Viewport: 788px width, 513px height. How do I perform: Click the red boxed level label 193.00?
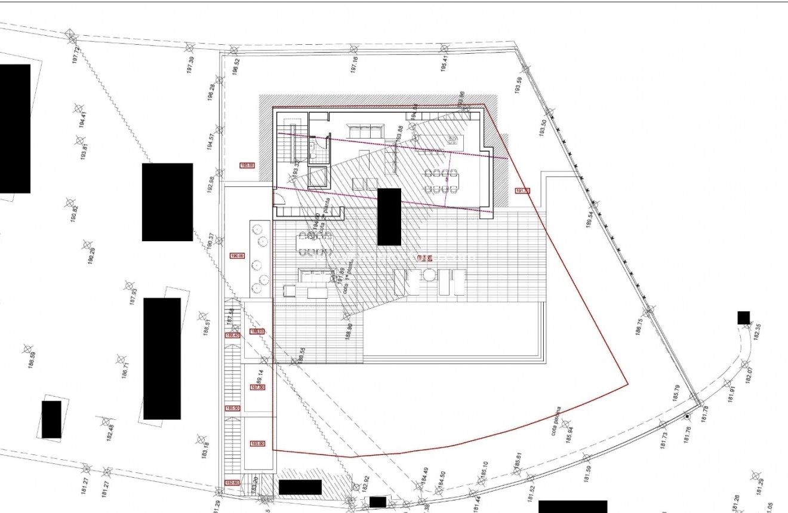247,165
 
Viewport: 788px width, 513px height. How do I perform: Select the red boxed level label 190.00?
237,256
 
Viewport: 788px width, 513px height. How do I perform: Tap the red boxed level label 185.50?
232,408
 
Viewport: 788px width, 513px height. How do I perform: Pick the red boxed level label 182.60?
232,483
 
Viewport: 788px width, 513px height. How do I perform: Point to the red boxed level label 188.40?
232,336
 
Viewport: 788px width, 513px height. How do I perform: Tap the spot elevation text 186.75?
639,328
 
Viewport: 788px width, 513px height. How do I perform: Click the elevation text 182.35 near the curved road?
758,332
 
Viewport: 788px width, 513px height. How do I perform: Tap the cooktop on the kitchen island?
452,140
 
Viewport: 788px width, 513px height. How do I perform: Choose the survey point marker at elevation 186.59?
27,348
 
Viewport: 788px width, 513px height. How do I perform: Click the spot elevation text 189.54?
590,220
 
